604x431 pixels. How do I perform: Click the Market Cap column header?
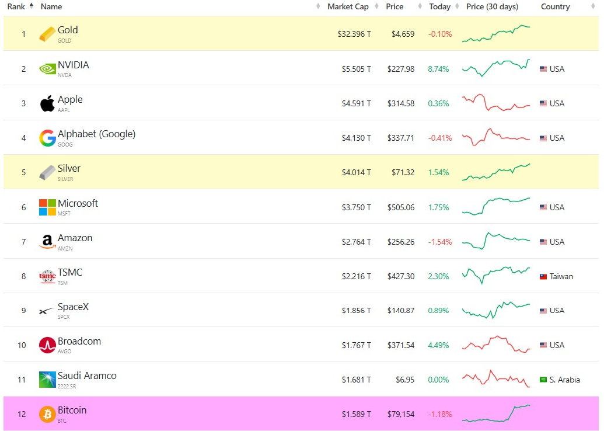tap(348, 6)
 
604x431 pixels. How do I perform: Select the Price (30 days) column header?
tap(492, 6)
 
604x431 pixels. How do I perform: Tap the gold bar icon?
tap(47, 34)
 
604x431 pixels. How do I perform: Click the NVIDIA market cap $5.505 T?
tap(357, 69)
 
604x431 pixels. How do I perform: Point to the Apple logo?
tap(47, 103)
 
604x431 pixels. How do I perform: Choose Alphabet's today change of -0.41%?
tap(440, 138)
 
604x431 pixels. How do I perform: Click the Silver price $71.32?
tap(403, 172)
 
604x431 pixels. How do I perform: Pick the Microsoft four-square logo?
tap(47, 207)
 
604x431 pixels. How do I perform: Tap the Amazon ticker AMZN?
tap(65, 249)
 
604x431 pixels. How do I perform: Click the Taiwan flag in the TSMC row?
tap(543, 276)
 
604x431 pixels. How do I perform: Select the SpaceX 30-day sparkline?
tap(496, 310)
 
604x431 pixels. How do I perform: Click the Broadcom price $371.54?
tap(401, 345)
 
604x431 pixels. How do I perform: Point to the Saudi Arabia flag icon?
tap(543, 380)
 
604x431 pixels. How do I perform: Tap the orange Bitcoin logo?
tap(47, 414)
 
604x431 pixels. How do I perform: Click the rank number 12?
tap(22, 414)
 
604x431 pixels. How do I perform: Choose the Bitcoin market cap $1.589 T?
tap(357, 414)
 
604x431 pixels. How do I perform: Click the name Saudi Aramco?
tap(87, 376)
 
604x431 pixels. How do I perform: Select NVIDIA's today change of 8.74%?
tap(438, 69)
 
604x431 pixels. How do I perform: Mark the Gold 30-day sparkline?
tap(496, 33)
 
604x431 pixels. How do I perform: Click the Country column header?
tap(555, 6)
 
